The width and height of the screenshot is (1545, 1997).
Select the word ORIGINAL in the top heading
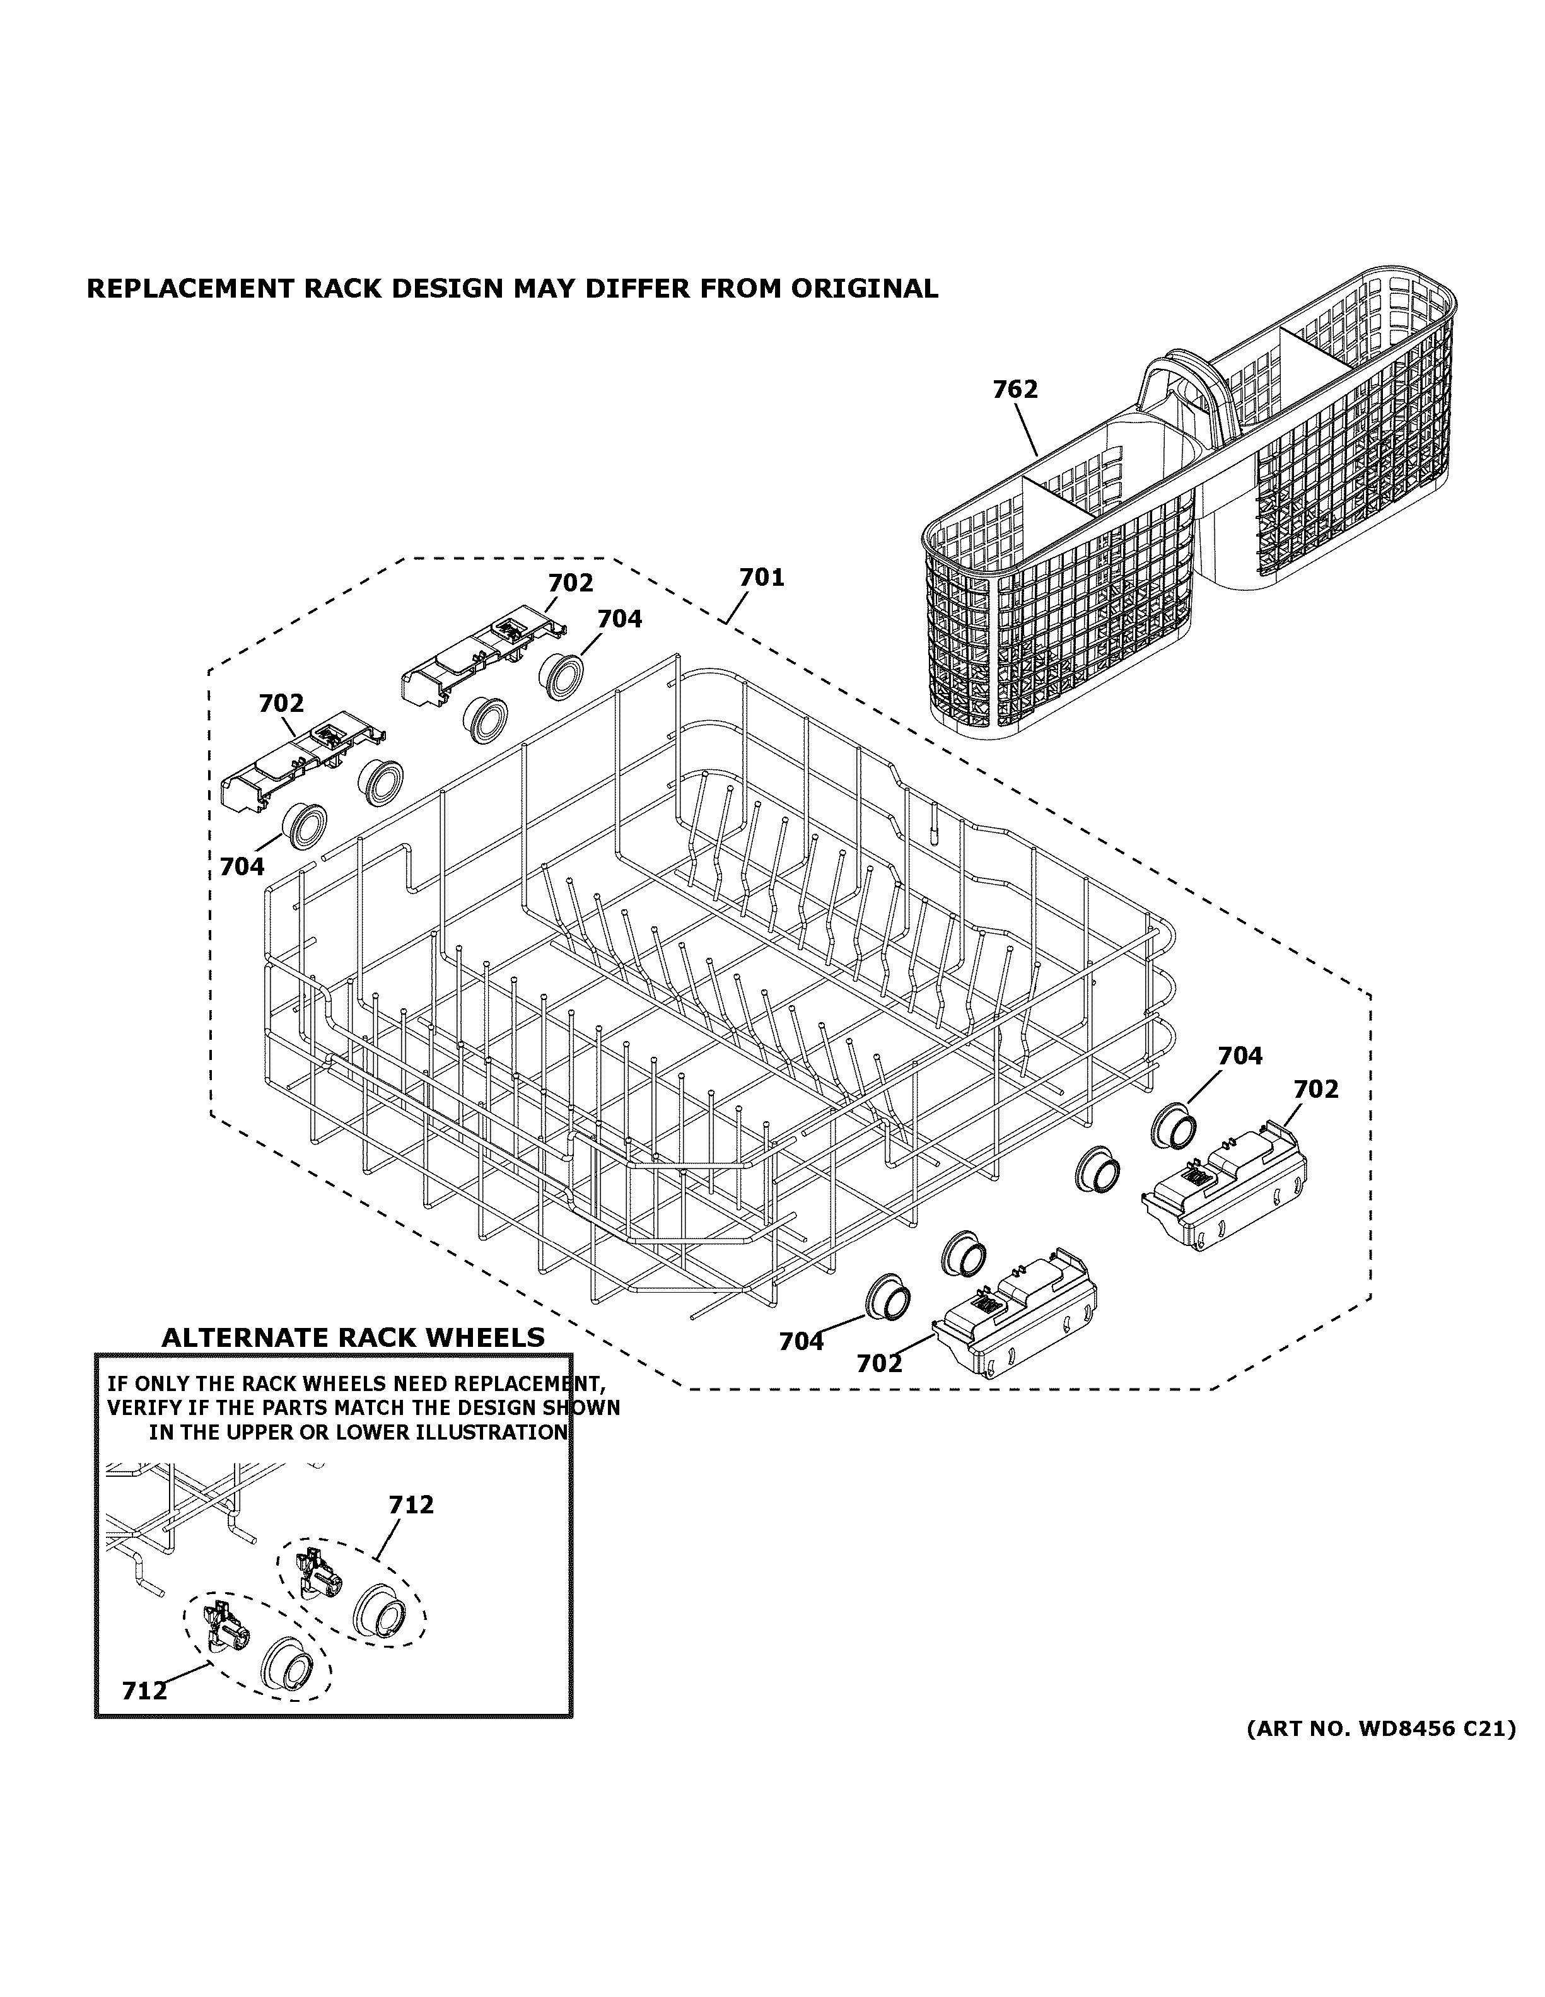click(x=864, y=289)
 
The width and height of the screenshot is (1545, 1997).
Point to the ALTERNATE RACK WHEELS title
click(x=353, y=1337)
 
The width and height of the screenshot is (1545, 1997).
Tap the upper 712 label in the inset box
click(x=411, y=1504)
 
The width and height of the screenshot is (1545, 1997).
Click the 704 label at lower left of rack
click(x=242, y=866)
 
